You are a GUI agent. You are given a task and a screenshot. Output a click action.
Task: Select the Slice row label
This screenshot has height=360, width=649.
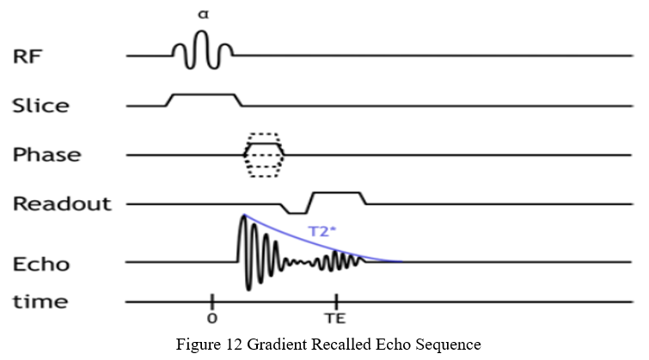[x=40, y=106]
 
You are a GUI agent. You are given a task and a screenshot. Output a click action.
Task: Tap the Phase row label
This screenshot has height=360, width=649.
[x=46, y=156]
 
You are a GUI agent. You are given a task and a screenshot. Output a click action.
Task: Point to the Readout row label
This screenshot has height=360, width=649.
[x=62, y=204]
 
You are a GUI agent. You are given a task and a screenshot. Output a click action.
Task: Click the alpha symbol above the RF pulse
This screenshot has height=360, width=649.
[x=202, y=15]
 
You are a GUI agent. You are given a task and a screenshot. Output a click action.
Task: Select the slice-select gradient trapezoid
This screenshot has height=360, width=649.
[x=204, y=95]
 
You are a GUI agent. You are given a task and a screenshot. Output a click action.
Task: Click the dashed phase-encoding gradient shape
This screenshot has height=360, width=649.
[x=264, y=155]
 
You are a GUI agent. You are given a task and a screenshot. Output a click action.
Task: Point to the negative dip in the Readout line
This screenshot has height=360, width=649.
[x=296, y=211]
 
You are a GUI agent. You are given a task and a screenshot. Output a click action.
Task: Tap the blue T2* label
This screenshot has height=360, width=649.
[x=322, y=230]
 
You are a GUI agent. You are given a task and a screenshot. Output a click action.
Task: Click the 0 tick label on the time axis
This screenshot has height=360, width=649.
[x=211, y=318]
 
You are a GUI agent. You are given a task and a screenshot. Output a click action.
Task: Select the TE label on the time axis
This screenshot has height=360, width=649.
[x=335, y=318]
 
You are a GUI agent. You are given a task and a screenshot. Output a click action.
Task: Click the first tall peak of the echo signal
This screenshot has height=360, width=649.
[x=243, y=222]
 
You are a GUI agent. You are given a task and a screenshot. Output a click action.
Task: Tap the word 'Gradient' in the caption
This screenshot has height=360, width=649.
[x=272, y=345]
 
